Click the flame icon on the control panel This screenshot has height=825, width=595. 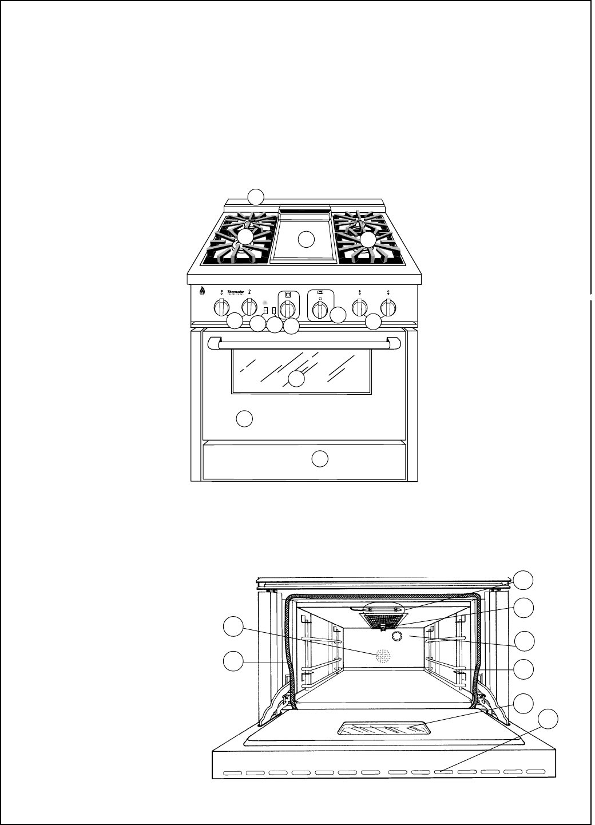coord(202,291)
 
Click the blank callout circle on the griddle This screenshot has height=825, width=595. coord(307,239)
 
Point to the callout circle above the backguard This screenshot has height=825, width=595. coord(256,196)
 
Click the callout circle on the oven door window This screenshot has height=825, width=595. coord(296,379)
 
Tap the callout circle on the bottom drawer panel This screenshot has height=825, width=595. coord(320,458)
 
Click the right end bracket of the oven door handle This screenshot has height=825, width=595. coord(394,343)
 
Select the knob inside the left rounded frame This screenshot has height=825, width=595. coord(288,308)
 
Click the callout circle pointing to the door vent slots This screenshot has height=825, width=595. coord(549,719)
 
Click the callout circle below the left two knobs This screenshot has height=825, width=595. coord(235,322)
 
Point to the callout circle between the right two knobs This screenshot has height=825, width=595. coord(373,322)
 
